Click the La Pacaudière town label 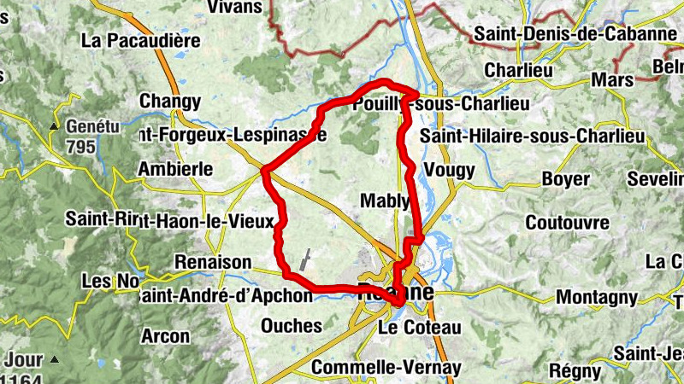coord(141,40)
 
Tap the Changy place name coord(169,102)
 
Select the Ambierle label coord(174,169)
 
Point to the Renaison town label coord(212,262)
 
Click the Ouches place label coord(292,326)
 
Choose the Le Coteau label coord(419,328)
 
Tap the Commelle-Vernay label coord(386,368)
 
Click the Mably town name coord(385,201)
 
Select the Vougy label coord(448,169)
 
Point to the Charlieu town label coord(518,70)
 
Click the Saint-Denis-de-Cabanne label coord(575,34)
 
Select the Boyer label coord(565,179)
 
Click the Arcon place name coord(165,336)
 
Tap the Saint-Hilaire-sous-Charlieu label coord(532,137)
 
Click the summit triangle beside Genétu coord(53,127)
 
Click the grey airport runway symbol coord(305,259)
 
